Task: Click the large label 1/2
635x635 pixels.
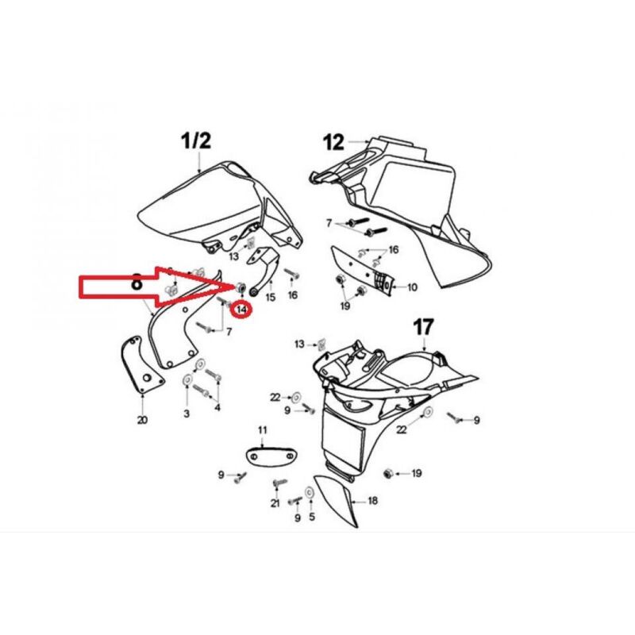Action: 196,141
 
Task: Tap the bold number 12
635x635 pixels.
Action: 334,143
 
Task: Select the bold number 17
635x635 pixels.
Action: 423,327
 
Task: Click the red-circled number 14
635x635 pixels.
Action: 241,310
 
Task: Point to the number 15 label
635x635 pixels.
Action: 270,297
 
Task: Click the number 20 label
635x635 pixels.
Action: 142,420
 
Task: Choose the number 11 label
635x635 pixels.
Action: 263,429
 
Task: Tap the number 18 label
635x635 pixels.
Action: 372,501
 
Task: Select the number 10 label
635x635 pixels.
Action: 412,287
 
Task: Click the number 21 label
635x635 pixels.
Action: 275,503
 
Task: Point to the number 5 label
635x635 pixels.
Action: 311,517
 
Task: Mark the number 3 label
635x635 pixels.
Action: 187,414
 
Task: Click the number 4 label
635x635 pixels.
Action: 217,407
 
